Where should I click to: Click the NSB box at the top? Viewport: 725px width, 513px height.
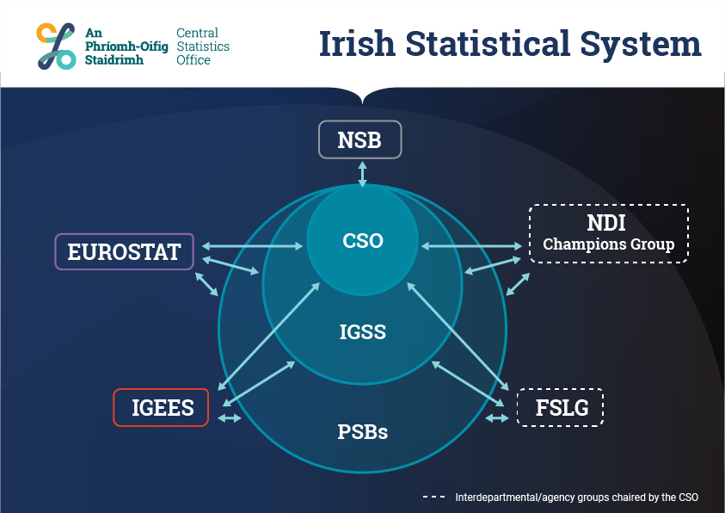pyautogui.click(x=359, y=139)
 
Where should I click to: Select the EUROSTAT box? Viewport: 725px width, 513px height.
pyautogui.click(x=124, y=251)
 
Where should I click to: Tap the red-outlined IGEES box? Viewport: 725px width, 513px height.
pyautogui.click(x=161, y=407)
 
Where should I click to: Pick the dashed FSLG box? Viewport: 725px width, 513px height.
pyautogui.click(x=560, y=407)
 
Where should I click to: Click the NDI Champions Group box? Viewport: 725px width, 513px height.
pyautogui.click(x=609, y=233)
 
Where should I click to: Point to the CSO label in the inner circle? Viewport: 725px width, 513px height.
pyautogui.click(x=363, y=240)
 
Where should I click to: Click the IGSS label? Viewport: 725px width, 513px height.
pyautogui.click(x=363, y=331)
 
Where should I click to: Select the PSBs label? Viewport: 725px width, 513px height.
pyautogui.click(x=363, y=432)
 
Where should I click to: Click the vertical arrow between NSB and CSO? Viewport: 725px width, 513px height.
pyautogui.click(x=363, y=174)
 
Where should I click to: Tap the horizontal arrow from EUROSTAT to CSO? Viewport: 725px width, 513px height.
pyautogui.click(x=253, y=246)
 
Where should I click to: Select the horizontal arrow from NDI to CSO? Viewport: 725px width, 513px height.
pyautogui.click(x=471, y=246)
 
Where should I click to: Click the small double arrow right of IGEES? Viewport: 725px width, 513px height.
pyautogui.click(x=230, y=418)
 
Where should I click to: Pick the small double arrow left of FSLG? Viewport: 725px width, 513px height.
pyautogui.click(x=497, y=418)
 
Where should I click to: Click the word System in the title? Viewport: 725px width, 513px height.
pyautogui.click(x=641, y=45)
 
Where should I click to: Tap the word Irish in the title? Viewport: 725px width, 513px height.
pyautogui.click(x=357, y=44)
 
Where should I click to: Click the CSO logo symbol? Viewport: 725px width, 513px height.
pyautogui.click(x=57, y=46)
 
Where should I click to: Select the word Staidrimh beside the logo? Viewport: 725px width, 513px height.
pyautogui.click(x=114, y=60)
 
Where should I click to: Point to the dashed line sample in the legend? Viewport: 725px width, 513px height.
pyautogui.click(x=433, y=497)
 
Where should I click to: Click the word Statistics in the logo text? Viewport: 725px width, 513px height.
pyautogui.click(x=203, y=46)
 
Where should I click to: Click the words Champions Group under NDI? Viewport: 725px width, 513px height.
pyautogui.click(x=609, y=244)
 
